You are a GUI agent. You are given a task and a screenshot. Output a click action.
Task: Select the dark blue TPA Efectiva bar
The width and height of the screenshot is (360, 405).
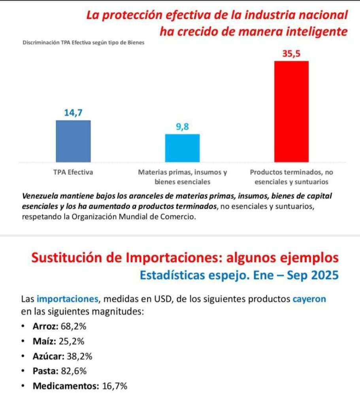click(x=74, y=141)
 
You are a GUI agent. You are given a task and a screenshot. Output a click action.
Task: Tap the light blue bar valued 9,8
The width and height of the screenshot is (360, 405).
click(x=182, y=148)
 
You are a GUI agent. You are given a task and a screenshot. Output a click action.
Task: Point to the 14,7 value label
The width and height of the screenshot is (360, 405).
click(x=73, y=113)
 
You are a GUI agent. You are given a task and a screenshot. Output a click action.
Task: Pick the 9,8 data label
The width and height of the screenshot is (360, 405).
click(x=182, y=127)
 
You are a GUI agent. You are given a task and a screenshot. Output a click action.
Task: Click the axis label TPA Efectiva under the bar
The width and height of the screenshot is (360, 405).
click(x=73, y=172)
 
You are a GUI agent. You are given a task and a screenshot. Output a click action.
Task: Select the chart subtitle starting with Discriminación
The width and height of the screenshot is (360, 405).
click(x=83, y=42)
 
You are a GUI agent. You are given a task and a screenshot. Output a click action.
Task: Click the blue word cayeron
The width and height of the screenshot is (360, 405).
click(x=309, y=299)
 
